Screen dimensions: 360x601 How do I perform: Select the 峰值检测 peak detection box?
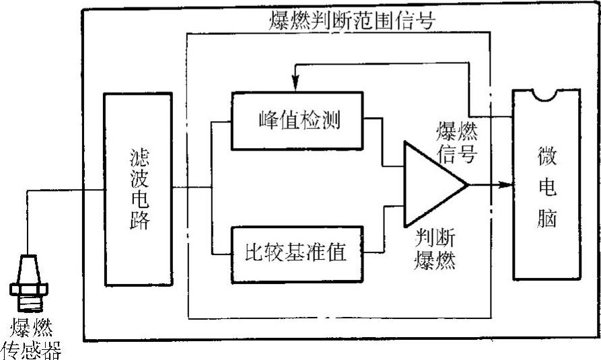point(298,121)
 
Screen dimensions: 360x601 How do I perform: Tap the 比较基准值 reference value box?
point(298,252)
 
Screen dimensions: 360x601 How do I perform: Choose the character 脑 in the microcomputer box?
point(546,219)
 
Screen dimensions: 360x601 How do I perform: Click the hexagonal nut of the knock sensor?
point(30,289)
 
